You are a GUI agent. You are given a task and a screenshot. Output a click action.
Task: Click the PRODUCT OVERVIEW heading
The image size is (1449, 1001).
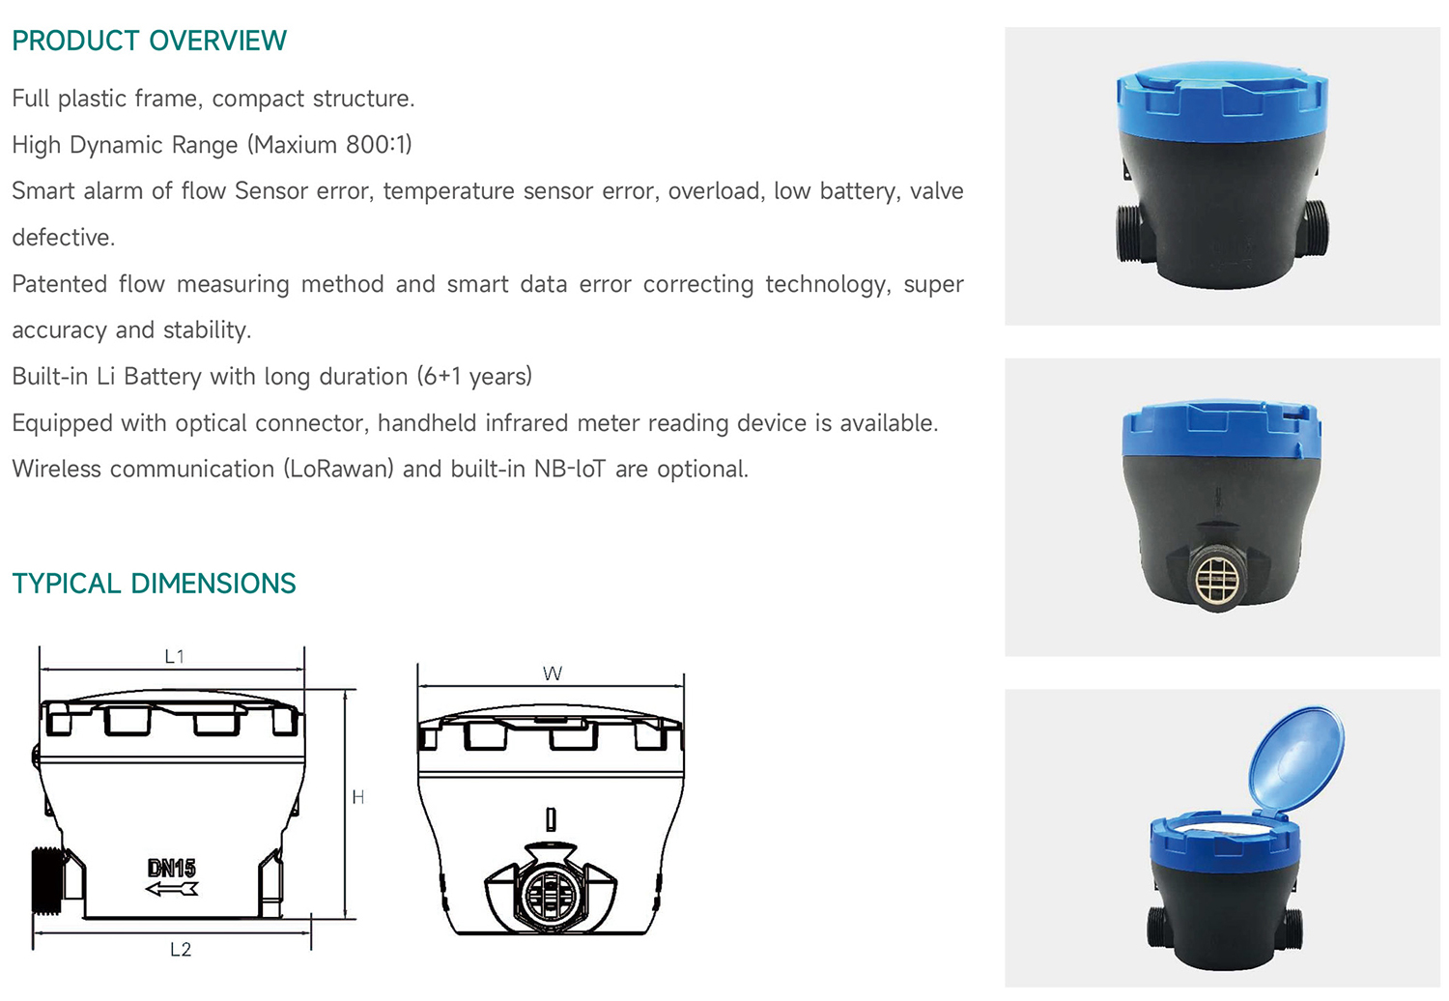coord(150,41)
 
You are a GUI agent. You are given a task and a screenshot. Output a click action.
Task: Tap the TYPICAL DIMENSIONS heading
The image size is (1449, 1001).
coord(154,584)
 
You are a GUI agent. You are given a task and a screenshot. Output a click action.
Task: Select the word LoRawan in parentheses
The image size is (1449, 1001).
coord(338,469)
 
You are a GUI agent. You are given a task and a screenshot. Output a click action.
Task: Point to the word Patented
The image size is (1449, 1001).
coord(60,284)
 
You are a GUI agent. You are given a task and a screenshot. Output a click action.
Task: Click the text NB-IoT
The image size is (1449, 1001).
coord(570,469)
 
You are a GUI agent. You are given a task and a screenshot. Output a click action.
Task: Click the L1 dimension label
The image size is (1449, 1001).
coord(175,657)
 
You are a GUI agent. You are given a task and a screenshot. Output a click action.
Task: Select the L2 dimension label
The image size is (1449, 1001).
coord(181,949)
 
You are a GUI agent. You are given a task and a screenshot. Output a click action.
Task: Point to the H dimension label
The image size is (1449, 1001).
coord(357,797)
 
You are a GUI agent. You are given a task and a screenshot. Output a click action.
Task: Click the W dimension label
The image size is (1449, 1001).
coord(553,673)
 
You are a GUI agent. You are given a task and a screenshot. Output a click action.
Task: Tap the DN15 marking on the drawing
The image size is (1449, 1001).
coord(171,868)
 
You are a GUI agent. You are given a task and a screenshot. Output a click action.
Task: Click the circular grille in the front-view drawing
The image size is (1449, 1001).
coord(551,895)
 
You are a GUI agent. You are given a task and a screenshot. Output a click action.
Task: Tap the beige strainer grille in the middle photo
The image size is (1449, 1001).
coord(1218,578)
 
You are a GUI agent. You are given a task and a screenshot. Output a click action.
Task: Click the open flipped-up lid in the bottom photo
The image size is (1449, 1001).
coord(1295,758)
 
